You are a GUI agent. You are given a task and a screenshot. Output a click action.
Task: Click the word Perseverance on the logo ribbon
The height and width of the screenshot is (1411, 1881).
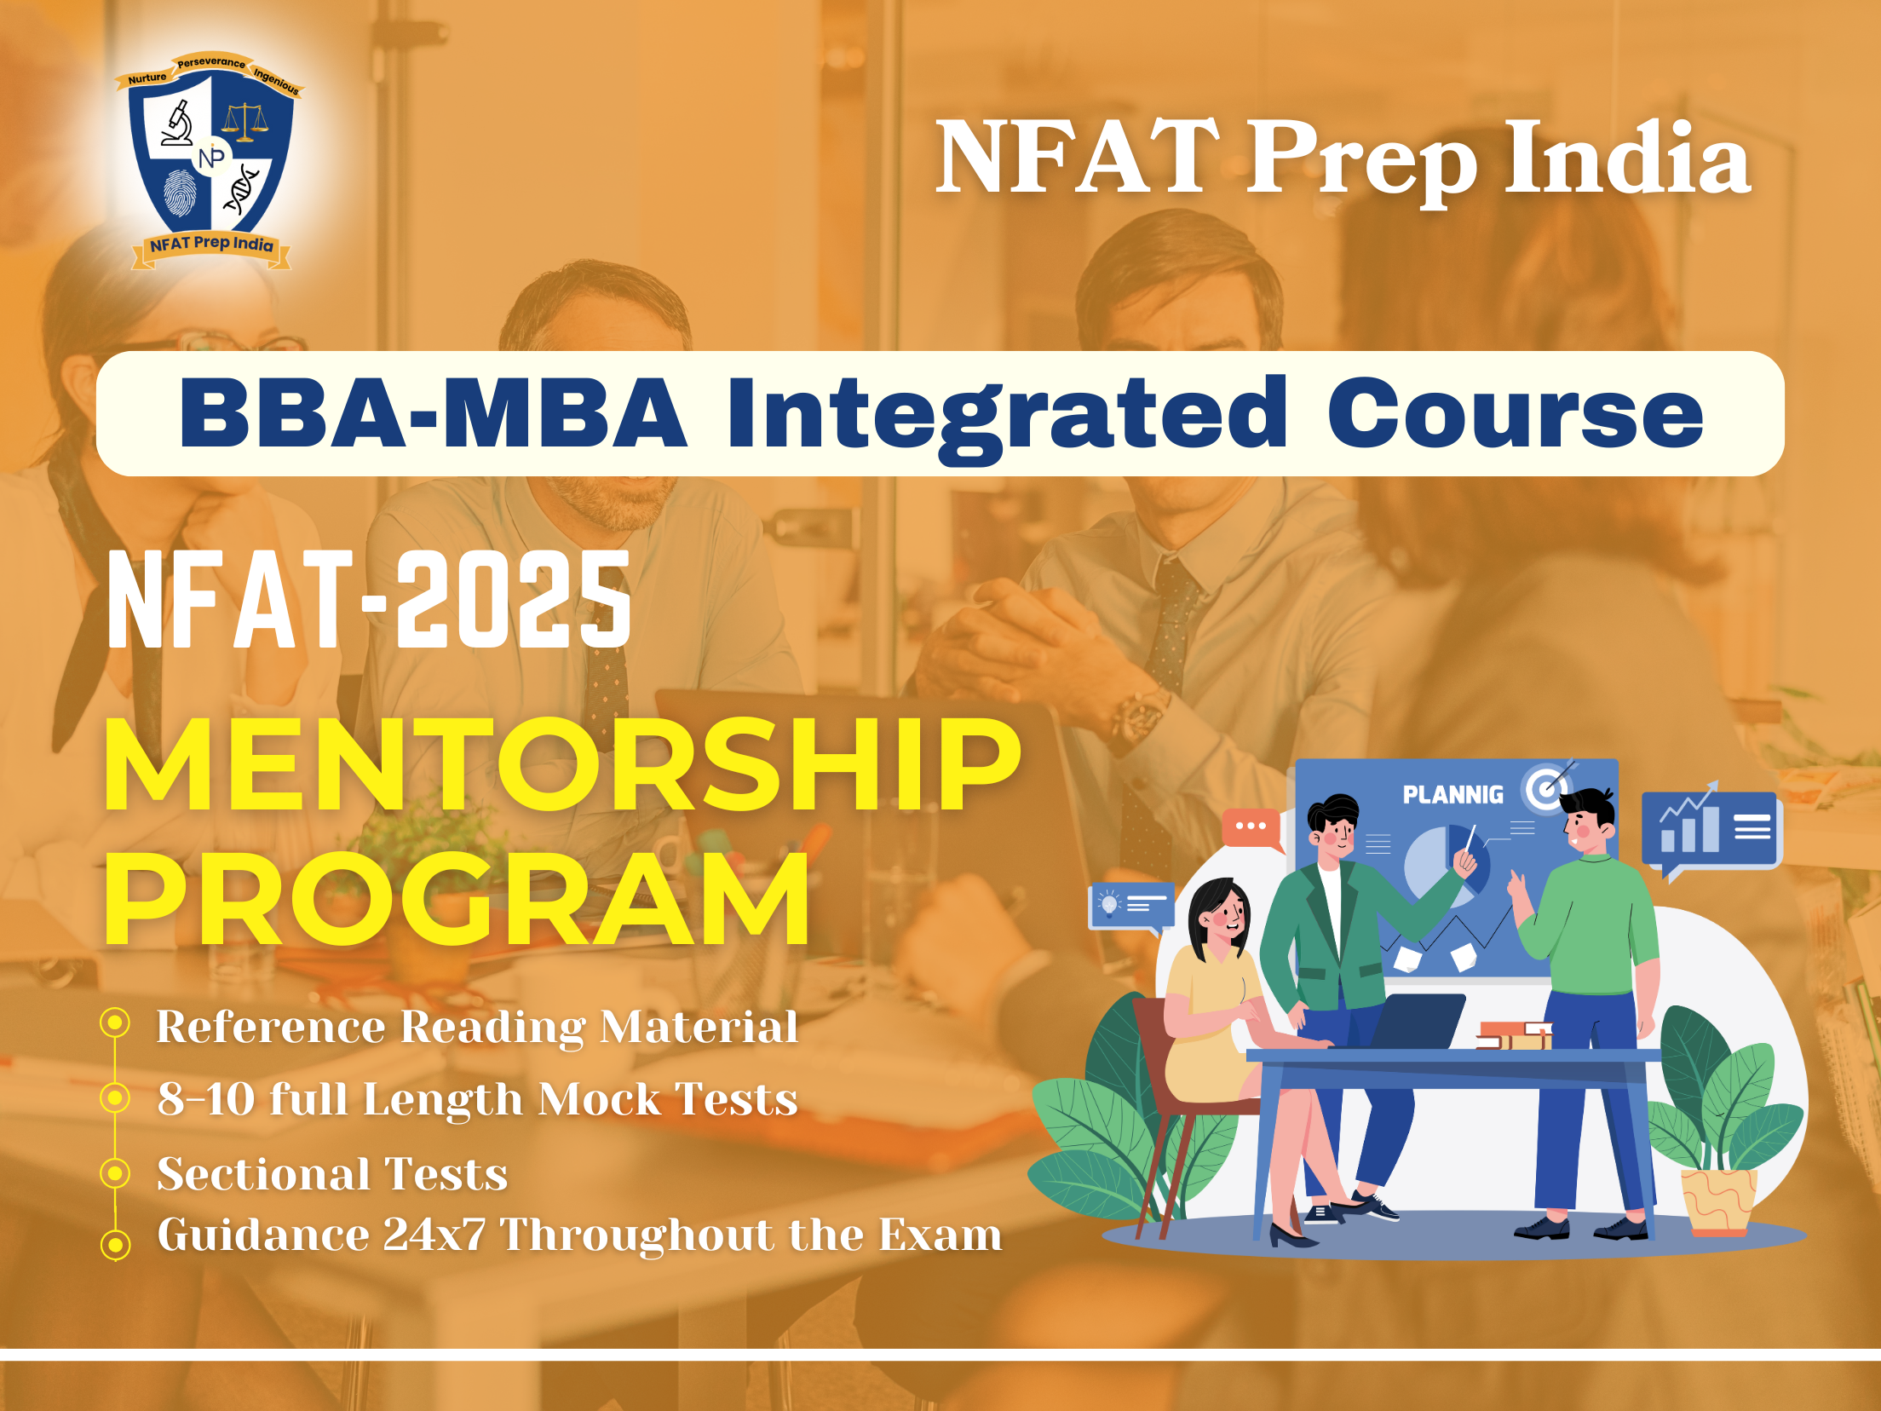[211, 62]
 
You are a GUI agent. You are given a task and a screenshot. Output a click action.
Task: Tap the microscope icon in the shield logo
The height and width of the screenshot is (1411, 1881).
[177, 124]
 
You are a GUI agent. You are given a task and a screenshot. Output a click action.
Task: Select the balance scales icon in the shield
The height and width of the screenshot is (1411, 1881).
[244, 122]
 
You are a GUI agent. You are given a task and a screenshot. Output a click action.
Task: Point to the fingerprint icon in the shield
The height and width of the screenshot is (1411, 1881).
[179, 192]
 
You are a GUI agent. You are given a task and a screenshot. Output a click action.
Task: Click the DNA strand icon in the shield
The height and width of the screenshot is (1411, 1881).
[241, 189]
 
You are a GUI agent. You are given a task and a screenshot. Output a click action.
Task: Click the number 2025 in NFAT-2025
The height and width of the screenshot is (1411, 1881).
[514, 598]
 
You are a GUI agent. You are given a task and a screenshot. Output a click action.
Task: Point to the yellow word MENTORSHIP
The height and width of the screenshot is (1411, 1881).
[562, 763]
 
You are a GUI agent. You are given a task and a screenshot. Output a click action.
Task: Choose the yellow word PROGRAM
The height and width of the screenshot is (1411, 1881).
[457, 899]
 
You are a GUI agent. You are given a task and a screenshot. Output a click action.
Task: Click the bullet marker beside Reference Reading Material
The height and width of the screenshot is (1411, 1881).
[115, 1022]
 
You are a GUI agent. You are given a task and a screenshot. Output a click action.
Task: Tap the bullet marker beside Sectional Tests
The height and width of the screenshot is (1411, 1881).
[115, 1173]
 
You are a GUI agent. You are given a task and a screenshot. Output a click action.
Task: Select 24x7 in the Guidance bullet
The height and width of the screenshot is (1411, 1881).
[434, 1235]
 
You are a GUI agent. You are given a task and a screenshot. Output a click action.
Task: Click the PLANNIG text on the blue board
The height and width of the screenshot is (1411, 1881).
[1453, 795]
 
